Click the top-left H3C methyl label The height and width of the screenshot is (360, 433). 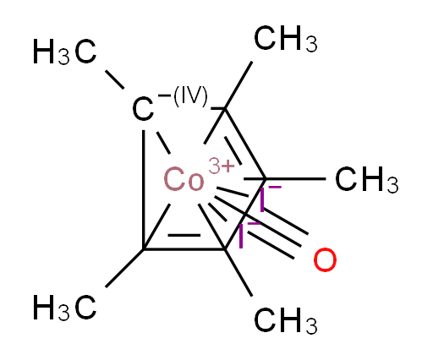65,52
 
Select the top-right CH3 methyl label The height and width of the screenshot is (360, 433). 286,39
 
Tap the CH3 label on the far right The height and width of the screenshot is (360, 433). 367,179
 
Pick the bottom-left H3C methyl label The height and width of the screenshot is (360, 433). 65,308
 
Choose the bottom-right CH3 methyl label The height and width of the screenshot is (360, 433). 286,321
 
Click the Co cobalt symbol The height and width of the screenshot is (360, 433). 184,179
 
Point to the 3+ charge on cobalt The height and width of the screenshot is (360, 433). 222,166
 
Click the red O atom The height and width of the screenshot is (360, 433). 325,260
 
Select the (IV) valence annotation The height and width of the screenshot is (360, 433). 190,96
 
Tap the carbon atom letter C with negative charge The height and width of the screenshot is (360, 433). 143,109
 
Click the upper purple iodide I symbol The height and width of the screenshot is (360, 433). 262,200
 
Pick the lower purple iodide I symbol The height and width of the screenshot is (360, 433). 241,236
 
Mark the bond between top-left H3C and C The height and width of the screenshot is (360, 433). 115,79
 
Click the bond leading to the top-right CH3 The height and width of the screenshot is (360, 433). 238,85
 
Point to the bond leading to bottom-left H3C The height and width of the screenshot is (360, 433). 124,268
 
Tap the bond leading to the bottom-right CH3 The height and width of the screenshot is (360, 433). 238,273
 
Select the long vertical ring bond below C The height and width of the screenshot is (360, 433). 144,189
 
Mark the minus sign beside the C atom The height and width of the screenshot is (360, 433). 164,95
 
